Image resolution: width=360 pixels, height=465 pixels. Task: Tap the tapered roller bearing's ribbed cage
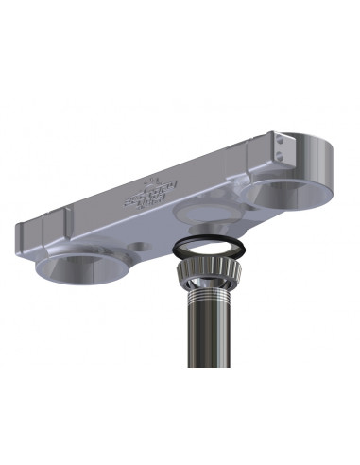click(x=207, y=274)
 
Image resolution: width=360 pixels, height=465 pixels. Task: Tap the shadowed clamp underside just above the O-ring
click(x=203, y=232)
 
